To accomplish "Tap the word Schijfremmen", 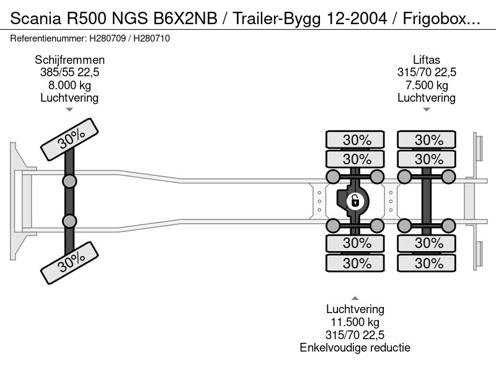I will click(x=69, y=60).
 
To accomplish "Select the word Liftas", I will click(x=427, y=60).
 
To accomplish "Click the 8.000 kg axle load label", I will click(x=69, y=85).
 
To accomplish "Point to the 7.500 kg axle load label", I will click(x=427, y=85).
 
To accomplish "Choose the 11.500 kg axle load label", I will click(x=355, y=322).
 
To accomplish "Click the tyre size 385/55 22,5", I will click(x=69, y=73).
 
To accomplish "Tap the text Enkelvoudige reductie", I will click(x=355, y=347).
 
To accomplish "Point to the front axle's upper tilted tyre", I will click(x=70, y=140).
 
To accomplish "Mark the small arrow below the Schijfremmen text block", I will click(x=69, y=110).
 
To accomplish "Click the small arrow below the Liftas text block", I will click(x=427, y=110).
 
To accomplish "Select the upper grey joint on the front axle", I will click(x=69, y=181).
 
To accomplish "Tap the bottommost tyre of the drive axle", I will click(x=356, y=263).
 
